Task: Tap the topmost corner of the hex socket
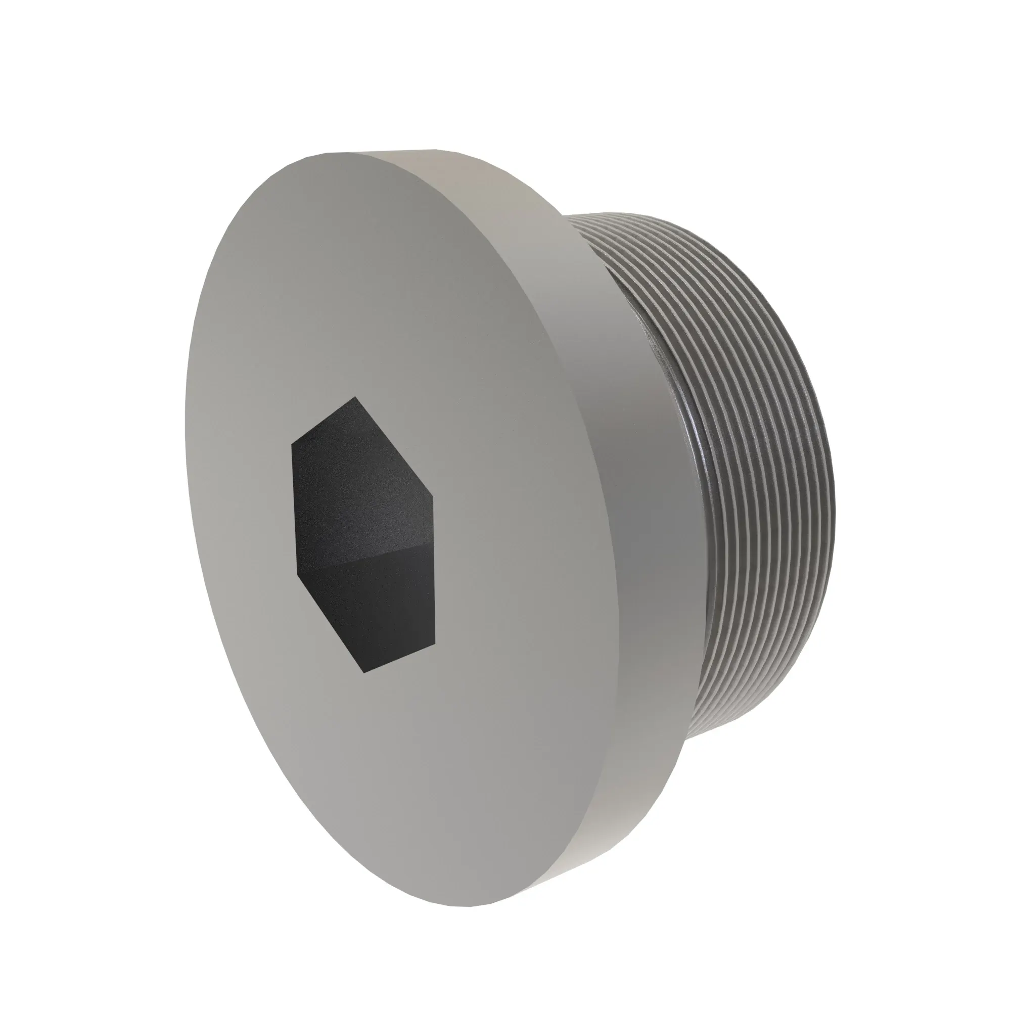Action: [356, 397]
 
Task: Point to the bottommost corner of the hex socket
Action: [364, 672]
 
